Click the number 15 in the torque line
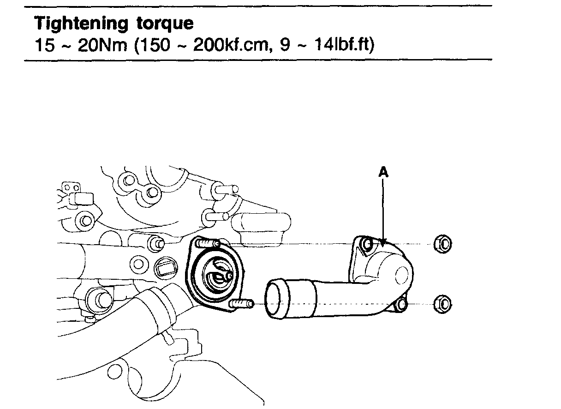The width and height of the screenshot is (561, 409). pyautogui.click(x=44, y=46)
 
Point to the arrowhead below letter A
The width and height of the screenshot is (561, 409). pyautogui.click(x=382, y=240)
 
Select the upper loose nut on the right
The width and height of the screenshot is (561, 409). pyautogui.click(x=442, y=244)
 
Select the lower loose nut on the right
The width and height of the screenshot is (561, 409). pyautogui.click(x=442, y=303)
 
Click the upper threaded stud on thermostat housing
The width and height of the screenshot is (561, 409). pyautogui.click(x=207, y=243)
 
